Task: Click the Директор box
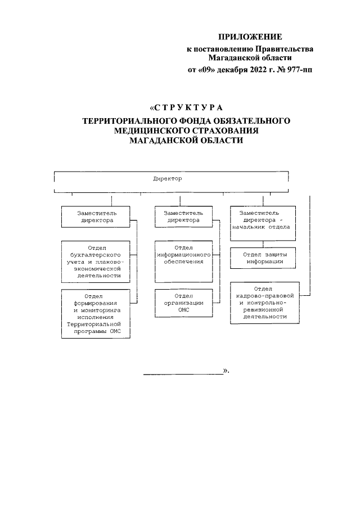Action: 168,178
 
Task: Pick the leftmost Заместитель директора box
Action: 96,217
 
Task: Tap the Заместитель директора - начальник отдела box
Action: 263,220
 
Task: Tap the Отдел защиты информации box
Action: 263,258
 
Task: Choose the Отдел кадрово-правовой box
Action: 263,303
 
